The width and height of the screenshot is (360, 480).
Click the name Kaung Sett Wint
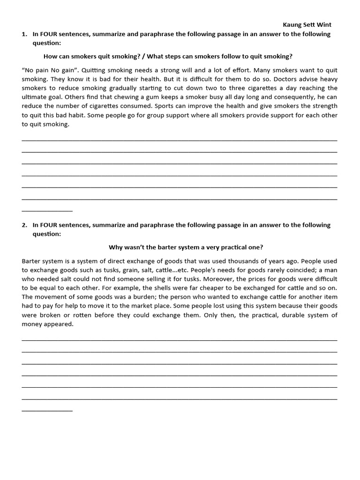[x=310, y=25]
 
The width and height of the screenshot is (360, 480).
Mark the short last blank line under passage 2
[x=47, y=411]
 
